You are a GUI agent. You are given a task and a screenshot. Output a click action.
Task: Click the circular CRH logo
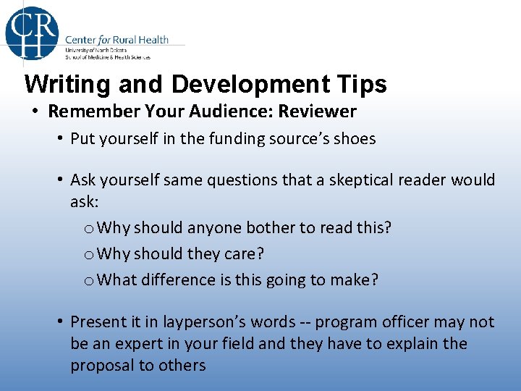coord(32,32)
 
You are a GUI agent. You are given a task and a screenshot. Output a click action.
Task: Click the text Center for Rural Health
coord(117,39)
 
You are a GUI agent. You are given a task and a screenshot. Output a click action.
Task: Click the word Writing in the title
coord(67,85)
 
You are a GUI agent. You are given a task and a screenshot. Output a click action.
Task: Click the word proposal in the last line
coord(101,366)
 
